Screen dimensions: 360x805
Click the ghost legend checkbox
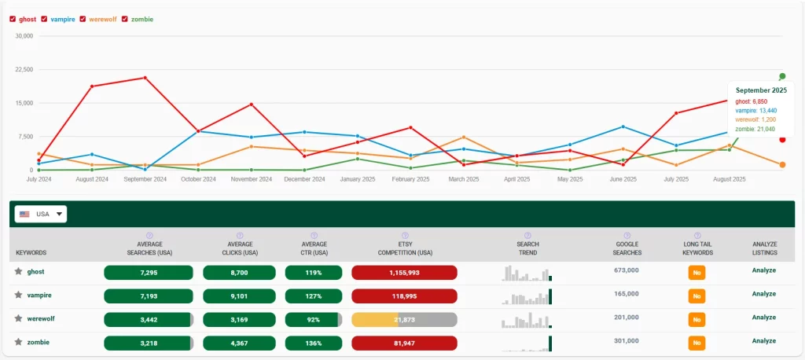[13, 19]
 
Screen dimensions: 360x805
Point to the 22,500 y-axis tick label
[24, 69]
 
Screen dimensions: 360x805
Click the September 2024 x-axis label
[145, 179]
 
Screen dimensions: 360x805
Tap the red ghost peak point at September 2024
[145, 78]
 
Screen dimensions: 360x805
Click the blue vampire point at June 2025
[623, 127]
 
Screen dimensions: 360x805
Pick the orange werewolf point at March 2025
[464, 138]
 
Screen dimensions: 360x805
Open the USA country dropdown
[40, 214]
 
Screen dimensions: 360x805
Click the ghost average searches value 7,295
[149, 272]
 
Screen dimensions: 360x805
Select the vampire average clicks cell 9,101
[239, 295]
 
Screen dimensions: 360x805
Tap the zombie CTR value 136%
[314, 343]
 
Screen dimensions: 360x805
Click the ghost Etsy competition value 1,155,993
[404, 272]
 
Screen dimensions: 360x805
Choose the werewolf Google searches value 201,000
[627, 317]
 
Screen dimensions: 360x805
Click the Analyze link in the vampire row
[763, 294]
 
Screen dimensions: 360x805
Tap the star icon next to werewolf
[18, 318]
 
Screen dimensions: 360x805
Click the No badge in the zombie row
[697, 343]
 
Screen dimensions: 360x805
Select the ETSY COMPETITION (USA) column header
[404, 248]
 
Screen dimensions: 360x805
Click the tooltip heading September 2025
[761, 90]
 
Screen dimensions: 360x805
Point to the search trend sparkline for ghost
[527, 273]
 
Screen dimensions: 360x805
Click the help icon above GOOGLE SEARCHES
[627, 235]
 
